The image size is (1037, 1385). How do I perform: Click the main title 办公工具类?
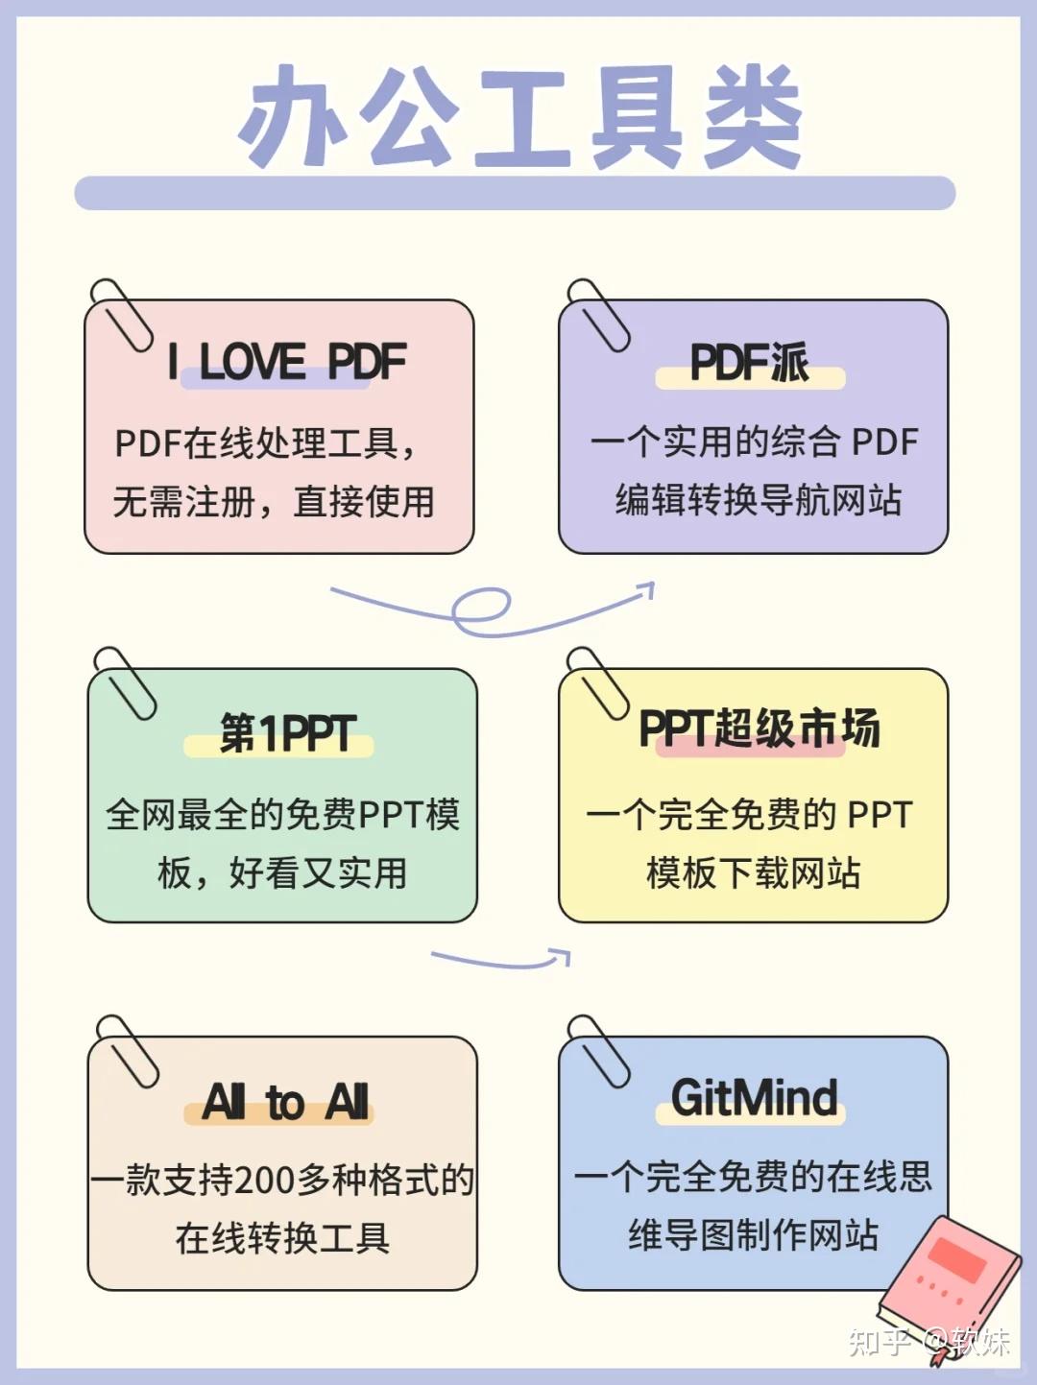[518, 117]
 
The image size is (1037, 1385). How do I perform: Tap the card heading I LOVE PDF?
[286, 362]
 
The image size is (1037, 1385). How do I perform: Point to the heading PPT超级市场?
[759, 728]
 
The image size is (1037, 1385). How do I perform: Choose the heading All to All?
[286, 1102]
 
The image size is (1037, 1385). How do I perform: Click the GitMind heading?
[754, 1098]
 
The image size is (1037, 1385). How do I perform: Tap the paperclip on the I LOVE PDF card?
[120, 315]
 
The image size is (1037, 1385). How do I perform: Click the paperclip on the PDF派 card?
[598, 315]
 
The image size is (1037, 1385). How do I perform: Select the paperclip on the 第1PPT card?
[124, 682]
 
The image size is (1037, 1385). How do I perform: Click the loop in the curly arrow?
[480, 610]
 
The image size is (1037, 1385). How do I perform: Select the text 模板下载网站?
[753, 873]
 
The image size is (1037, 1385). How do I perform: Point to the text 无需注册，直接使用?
[274, 501]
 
